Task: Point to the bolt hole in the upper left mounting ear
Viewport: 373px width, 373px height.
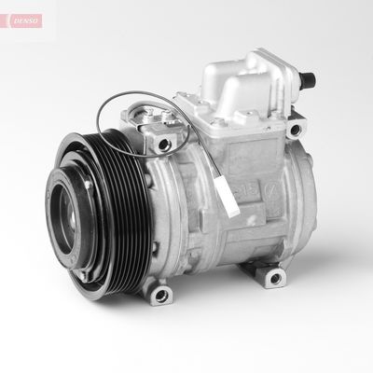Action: point(168,142)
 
